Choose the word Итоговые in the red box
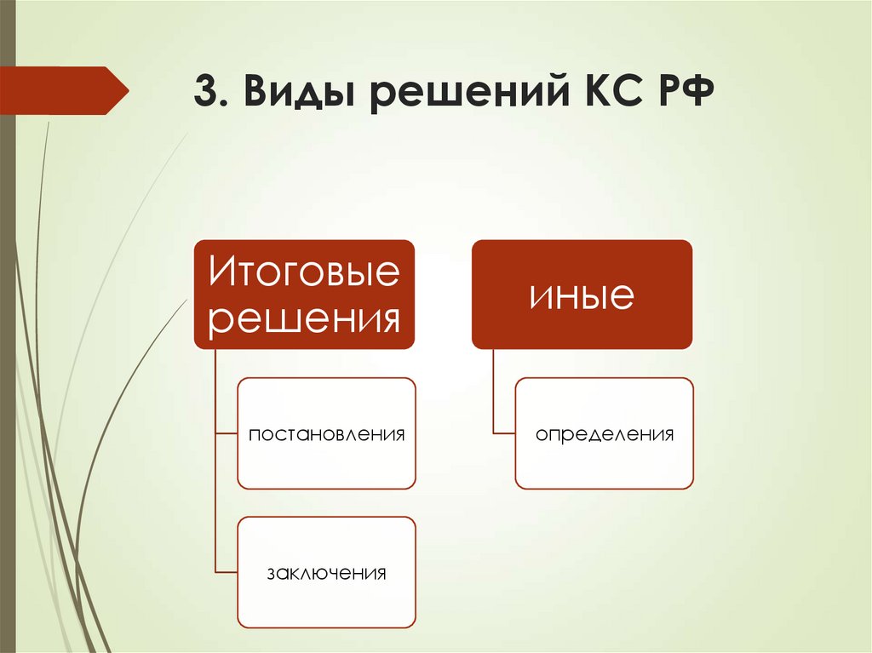click(x=305, y=273)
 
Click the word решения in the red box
click(x=305, y=319)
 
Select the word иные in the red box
click(x=582, y=295)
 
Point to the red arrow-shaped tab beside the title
click(x=64, y=90)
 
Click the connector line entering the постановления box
click(x=227, y=433)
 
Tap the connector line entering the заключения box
click(x=227, y=572)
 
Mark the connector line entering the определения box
click(x=504, y=433)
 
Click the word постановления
click(x=326, y=434)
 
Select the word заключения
click(x=326, y=572)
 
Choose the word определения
click(x=605, y=434)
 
